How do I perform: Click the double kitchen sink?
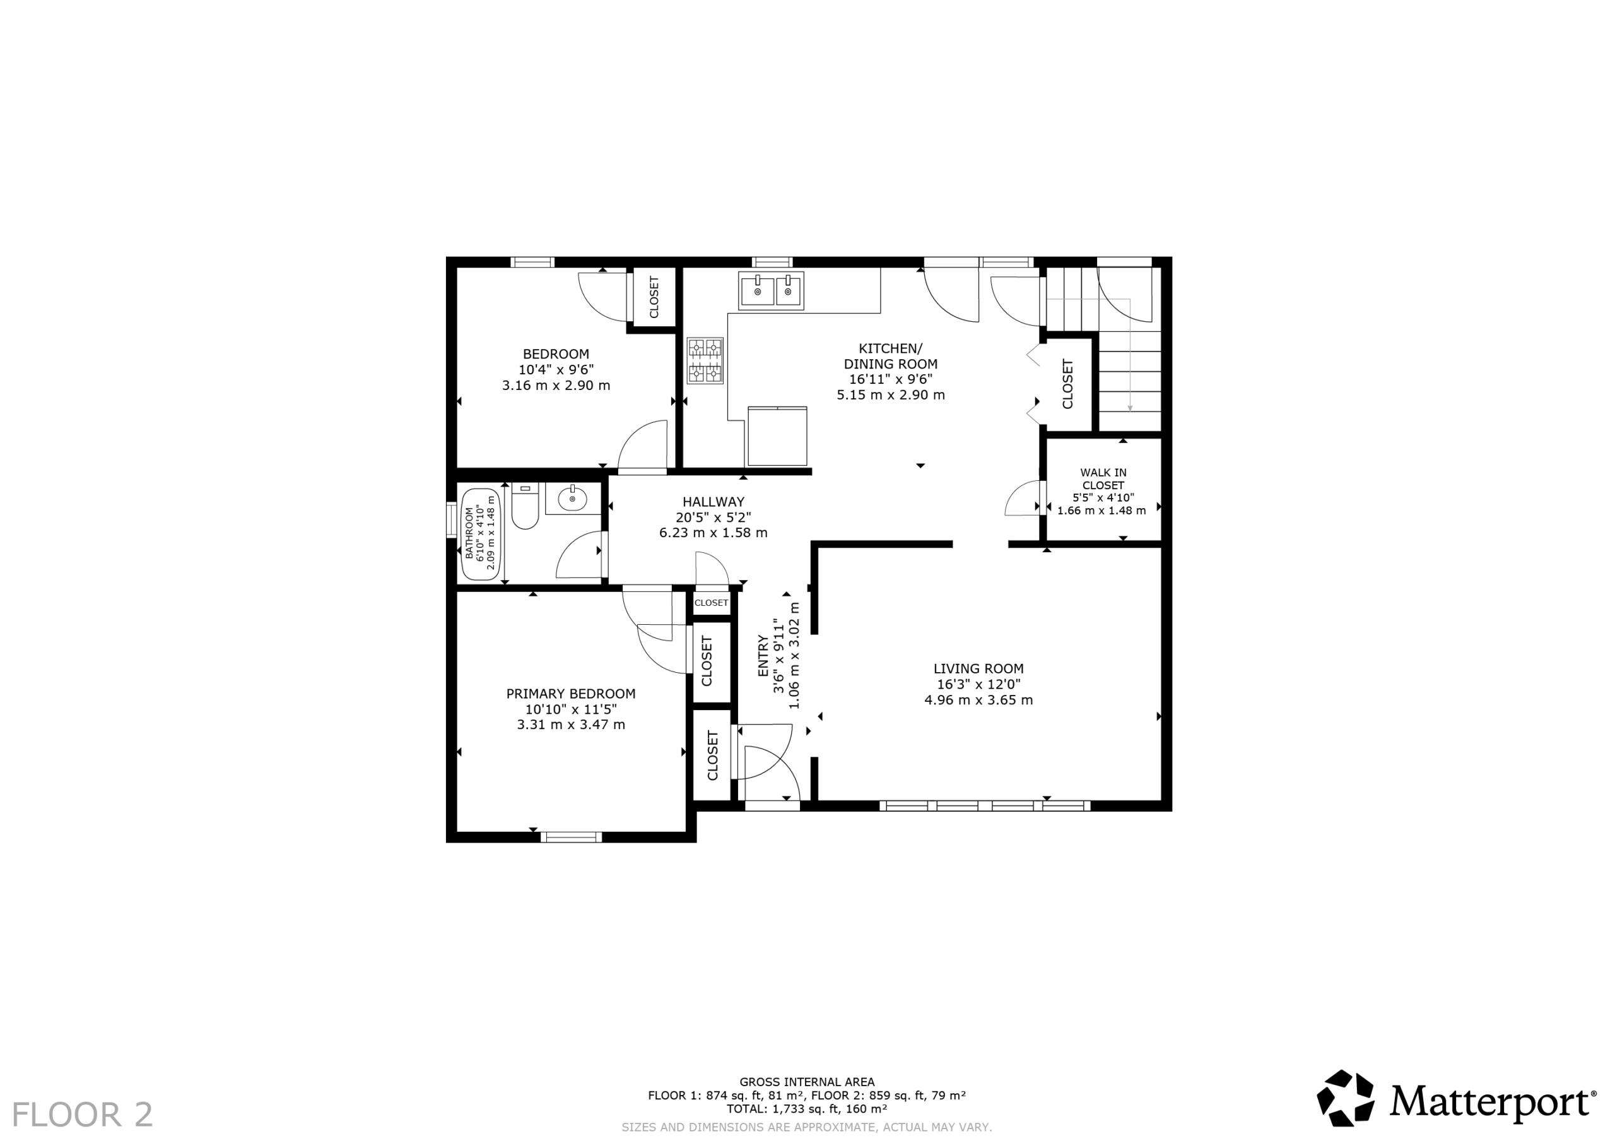[771, 291]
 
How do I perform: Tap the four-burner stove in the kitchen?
[705, 360]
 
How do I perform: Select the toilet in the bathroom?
[525, 506]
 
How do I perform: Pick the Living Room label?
[978, 668]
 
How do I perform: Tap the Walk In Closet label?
[1103, 479]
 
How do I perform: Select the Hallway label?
[714, 502]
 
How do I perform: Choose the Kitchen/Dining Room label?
[891, 356]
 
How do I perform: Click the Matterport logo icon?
[1345, 1098]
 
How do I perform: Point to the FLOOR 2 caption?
[82, 1115]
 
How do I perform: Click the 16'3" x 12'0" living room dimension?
[978, 684]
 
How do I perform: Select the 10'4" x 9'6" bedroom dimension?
[556, 369]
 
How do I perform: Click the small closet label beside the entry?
[711, 603]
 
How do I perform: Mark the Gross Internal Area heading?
[807, 1082]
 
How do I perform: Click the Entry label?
[764, 656]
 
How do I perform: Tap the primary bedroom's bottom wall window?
[571, 837]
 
